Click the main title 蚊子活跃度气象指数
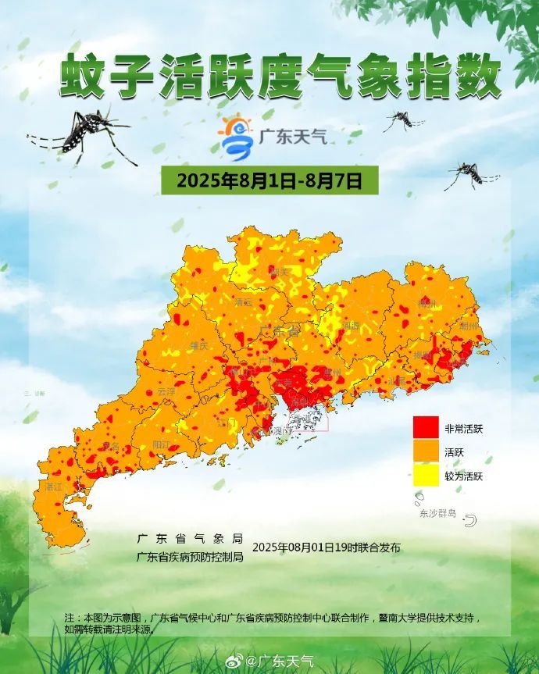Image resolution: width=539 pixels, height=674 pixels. click(x=280, y=77)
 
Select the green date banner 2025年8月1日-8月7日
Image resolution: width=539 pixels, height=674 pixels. click(x=269, y=180)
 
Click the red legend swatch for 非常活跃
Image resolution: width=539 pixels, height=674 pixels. click(x=425, y=428)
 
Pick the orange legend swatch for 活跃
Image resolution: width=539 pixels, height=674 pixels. click(x=425, y=451)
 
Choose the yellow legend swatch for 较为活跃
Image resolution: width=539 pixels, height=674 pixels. click(x=425, y=475)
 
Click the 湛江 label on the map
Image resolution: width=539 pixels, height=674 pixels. click(x=53, y=486)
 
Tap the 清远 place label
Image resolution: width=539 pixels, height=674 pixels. click(x=244, y=301)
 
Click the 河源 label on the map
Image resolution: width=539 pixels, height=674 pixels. click(x=351, y=325)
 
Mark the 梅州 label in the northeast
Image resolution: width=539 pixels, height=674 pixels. click(x=427, y=302)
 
